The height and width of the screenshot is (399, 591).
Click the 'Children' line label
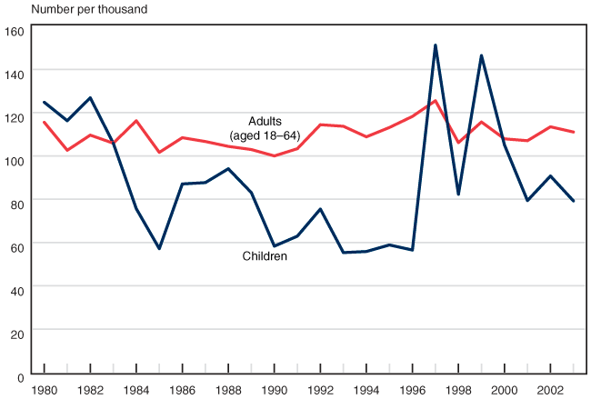[x=265, y=257]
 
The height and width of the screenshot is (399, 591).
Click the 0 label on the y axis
[x=19, y=376]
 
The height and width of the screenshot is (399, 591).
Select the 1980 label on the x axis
[x=44, y=389]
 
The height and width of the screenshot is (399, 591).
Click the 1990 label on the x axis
[x=275, y=389]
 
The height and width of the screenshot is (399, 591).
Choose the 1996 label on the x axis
[x=413, y=389]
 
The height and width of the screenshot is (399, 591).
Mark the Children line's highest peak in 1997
[x=436, y=45]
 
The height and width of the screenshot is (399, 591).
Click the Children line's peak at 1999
[x=482, y=55]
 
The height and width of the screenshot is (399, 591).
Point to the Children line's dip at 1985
[x=159, y=248]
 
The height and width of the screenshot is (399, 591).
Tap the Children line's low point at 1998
[x=458, y=194]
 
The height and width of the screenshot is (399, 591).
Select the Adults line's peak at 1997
[x=436, y=101]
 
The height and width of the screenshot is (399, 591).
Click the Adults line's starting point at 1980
[x=44, y=122]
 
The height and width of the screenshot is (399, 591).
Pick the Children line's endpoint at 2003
[x=574, y=201]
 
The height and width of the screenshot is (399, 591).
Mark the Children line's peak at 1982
[x=90, y=98]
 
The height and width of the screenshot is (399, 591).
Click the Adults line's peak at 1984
[x=136, y=121]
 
